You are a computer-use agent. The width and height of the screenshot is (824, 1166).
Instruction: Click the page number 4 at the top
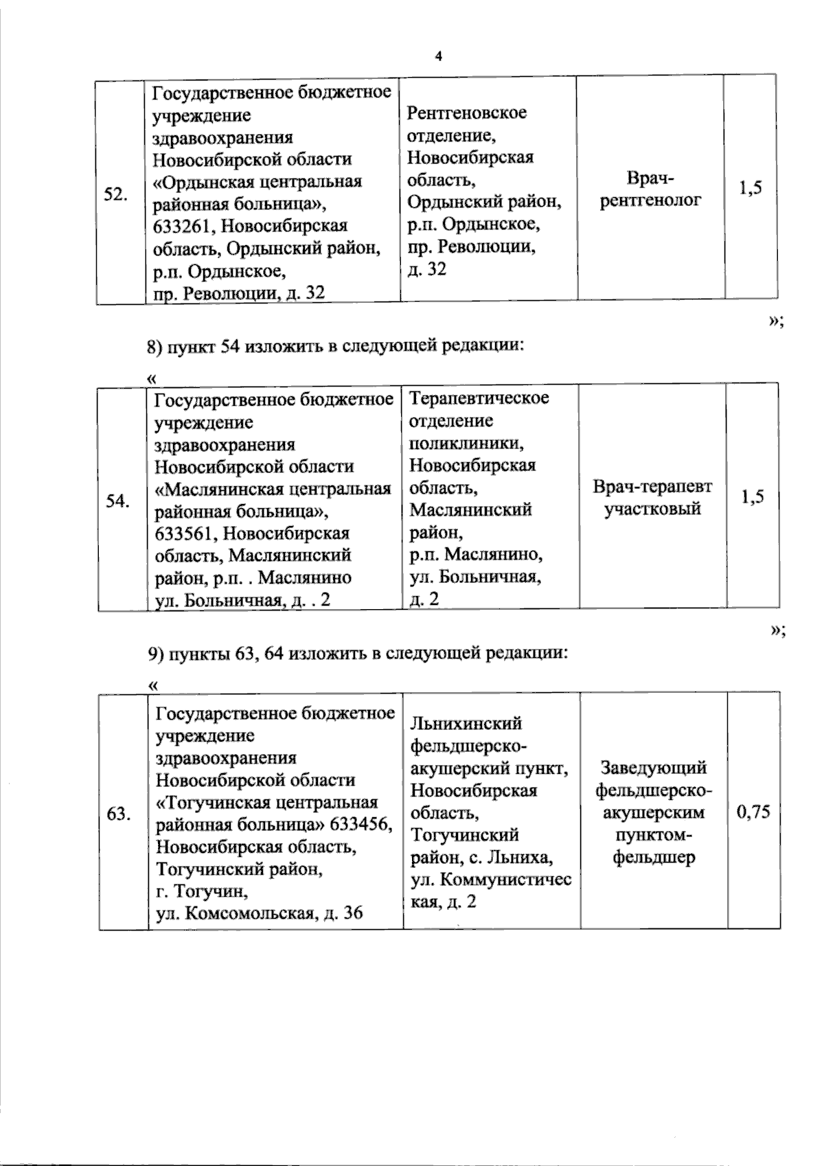pyautogui.click(x=437, y=56)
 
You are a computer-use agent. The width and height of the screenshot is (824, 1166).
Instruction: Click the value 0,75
pyautogui.click(x=753, y=813)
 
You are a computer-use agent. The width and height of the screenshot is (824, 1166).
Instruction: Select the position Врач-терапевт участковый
pyautogui.click(x=652, y=498)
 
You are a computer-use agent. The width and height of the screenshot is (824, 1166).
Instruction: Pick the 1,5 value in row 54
pyautogui.click(x=753, y=497)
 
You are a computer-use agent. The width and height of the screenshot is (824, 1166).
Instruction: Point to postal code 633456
pyautogui.click(x=364, y=825)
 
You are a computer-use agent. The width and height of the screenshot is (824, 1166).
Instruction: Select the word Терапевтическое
pyautogui.click(x=479, y=398)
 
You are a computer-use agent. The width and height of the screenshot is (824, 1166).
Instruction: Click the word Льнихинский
pyautogui.click(x=466, y=723)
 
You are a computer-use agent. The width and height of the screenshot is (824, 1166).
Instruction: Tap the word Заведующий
pyautogui.click(x=654, y=768)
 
